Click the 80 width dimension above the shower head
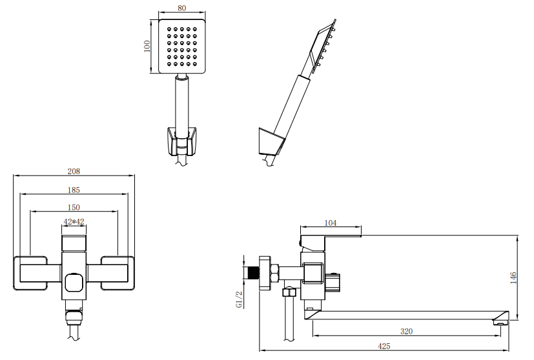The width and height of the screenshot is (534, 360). pos(182,8)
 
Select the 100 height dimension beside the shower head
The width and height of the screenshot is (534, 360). pos(147,46)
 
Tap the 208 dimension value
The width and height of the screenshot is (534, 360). pos(74,171)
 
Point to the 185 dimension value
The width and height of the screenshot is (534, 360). pos(74,190)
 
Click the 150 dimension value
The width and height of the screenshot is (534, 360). pos(74,207)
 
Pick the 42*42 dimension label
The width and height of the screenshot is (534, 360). pos(74,222)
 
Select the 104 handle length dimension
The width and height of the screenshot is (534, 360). pos(331,223)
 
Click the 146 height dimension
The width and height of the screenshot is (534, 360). pos(513,277)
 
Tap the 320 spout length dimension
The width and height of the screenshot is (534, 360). pos(406,331)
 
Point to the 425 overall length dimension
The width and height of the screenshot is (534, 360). pos(384,346)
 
